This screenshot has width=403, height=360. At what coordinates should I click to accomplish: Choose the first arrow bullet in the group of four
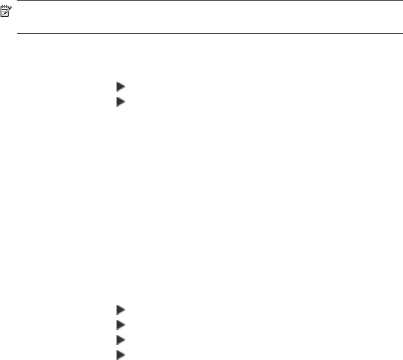click(x=121, y=310)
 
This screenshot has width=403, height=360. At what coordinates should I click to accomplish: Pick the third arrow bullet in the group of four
click(x=121, y=339)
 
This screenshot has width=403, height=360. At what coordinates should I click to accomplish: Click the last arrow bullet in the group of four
click(x=121, y=354)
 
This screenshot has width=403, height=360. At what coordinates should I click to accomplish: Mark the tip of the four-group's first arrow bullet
click(x=125, y=310)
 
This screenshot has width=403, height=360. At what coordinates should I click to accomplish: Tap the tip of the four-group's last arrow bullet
click(x=125, y=354)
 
